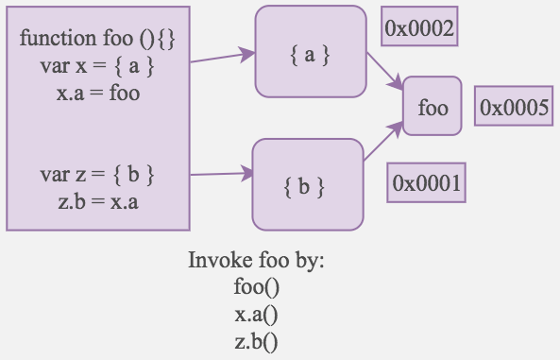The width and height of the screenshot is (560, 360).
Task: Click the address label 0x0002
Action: click(419, 29)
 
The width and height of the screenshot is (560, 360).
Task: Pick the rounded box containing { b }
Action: click(307, 184)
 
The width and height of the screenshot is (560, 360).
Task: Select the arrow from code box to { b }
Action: click(223, 174)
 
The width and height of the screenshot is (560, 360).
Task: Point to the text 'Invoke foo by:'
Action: click(257, 261)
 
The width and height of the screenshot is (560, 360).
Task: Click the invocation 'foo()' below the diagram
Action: click(257, 286)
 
